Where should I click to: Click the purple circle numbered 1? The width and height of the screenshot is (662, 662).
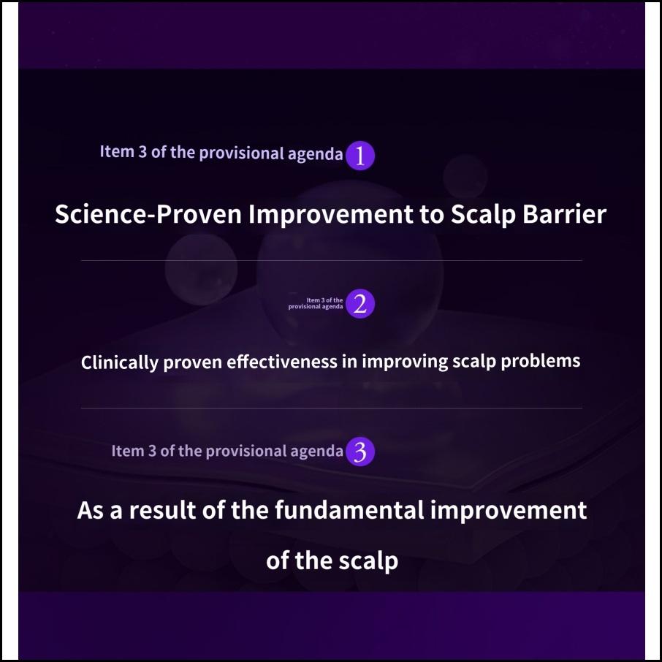pos(359,156)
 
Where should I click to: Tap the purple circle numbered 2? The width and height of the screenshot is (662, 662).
pos(359,303)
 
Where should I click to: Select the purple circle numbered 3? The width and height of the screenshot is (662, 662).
pos(359,452)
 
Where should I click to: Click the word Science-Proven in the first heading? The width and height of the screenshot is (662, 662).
pos(148,214)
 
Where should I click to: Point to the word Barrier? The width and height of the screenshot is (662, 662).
pos(565,214)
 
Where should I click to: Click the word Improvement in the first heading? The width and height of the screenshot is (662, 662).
pos(330,215)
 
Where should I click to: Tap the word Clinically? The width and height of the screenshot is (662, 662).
pos(120,362)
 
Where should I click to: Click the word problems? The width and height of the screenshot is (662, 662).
pos(541,362)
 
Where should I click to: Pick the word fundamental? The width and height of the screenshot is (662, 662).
pos(349,510)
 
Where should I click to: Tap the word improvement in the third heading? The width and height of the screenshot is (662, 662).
pos(509,511)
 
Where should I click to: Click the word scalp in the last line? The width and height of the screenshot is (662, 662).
pos(368,561)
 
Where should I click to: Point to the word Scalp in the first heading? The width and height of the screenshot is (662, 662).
pos(483,215)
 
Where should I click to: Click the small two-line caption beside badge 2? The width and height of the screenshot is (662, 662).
pos(316,303)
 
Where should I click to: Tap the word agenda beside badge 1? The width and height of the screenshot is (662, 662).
pos(315,154)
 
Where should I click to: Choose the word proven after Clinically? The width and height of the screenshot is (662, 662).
pos(192,362)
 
